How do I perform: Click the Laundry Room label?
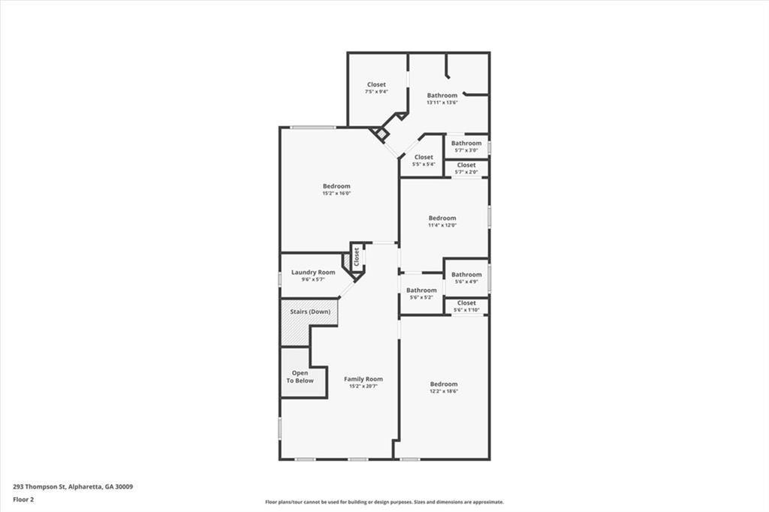coord(313,273)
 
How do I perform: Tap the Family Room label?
coord(363,379)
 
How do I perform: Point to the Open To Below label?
coord(299,377)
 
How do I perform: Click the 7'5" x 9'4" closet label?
coord(376,85)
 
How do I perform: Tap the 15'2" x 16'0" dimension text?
coord(336,194)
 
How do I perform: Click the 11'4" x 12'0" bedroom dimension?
coord(442,225)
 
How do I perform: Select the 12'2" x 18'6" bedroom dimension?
coord(443,391)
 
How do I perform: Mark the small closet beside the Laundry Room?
coord(356,257)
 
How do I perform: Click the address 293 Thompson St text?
coord(73,486)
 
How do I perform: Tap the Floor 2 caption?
coord(23,499)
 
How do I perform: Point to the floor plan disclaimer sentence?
coord(384,502)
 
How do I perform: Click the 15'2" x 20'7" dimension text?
coord(363,387)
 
